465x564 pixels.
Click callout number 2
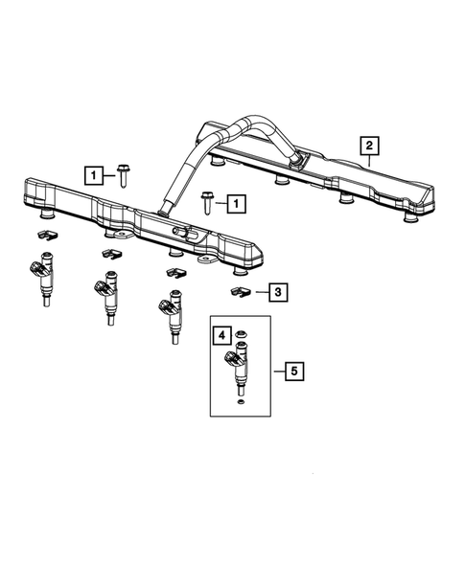point(368,147)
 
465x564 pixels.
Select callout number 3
point(277,291)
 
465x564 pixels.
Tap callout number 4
point(221,335)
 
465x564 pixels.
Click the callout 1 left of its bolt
point(93,175)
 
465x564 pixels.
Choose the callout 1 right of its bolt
point(234,202)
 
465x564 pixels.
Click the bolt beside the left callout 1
point(123,173)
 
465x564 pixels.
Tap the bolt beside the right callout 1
point(206,200)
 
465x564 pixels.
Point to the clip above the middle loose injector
point(110,253)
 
